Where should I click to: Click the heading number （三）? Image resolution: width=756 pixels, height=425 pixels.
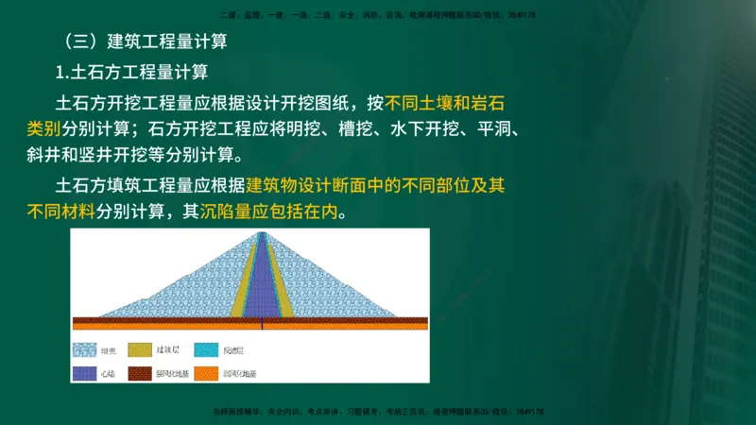(x=77, y=43)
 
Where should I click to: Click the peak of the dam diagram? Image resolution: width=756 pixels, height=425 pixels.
(x=261, y=232)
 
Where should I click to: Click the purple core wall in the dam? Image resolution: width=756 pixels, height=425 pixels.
(x=261, y=283)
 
